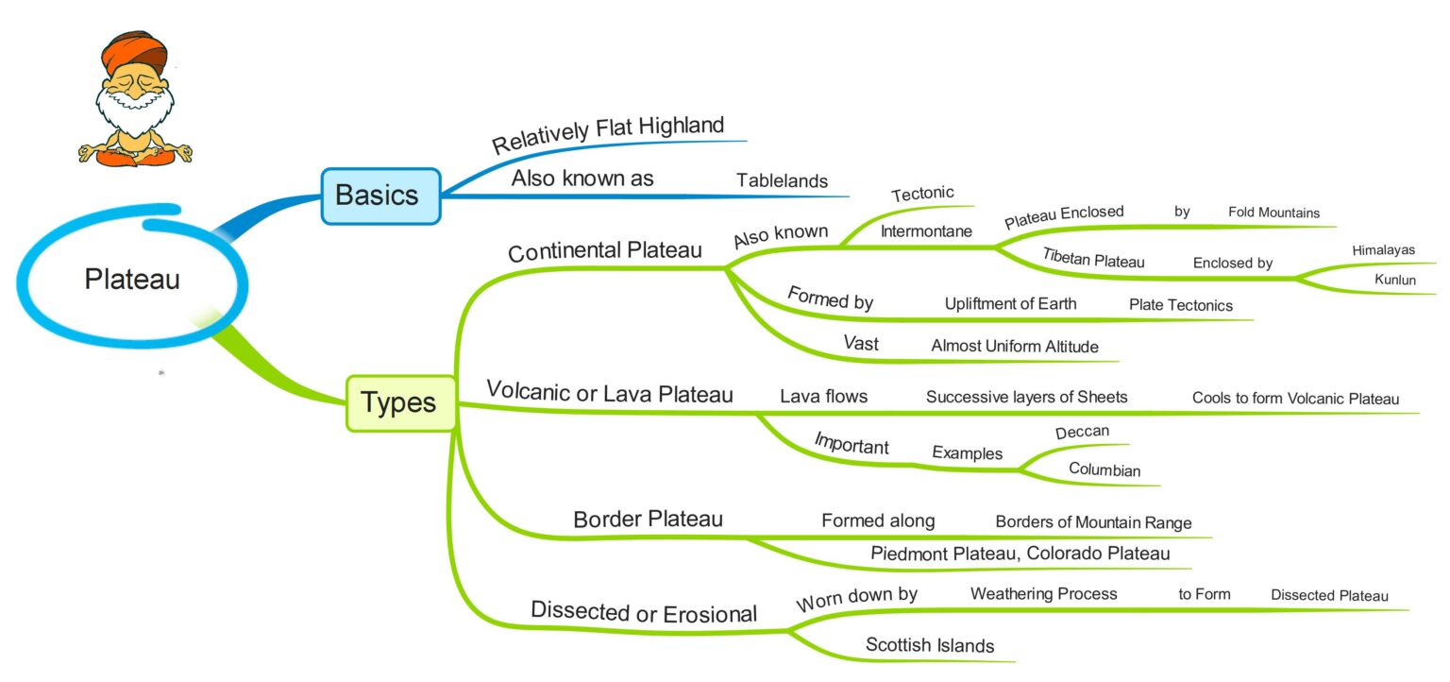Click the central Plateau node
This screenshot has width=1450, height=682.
(132, 280)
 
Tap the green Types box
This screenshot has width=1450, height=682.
(400, 403)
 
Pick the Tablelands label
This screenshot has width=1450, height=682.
(782, 180)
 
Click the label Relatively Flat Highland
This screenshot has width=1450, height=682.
(608, 134)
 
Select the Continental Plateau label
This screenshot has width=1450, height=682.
(604, 251)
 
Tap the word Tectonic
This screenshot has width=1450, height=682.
(922, 194)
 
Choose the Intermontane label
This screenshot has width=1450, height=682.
(926, 230)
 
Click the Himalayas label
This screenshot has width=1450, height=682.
(1383, 250)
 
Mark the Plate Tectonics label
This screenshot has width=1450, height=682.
(1180, 305)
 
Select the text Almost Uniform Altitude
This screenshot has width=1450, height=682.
(1015, 347)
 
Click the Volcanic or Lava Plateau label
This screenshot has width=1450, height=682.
(609, 393)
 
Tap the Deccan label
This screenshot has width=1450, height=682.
(1082, 432)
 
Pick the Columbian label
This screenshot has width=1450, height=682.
(1104, 469)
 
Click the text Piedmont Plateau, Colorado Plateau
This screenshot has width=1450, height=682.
(1020, 554)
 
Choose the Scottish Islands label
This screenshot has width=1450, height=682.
(930, 646)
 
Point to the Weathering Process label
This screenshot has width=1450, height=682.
(1043, 594)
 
